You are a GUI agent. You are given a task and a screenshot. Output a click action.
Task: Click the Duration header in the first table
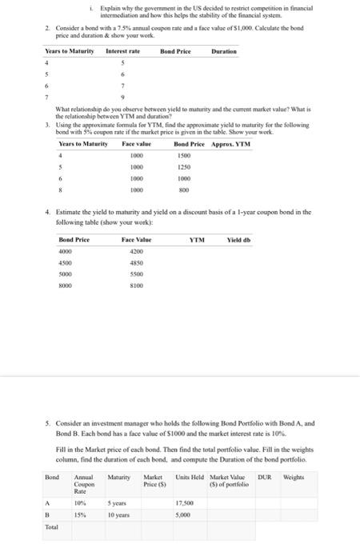[x=223, y=51]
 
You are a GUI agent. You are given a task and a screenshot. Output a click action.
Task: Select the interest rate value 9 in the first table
[x=123, y=96]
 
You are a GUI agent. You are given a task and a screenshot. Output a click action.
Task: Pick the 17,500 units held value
[x=184, y=502]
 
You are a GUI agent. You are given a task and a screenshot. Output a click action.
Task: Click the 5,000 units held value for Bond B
[x=182, y=514]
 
